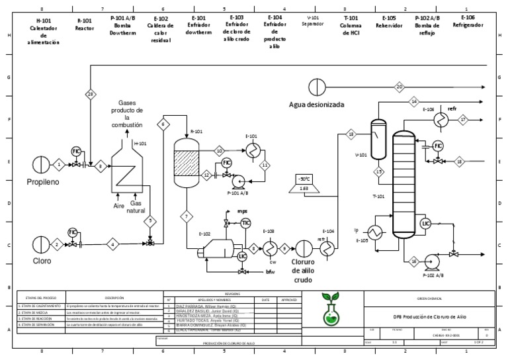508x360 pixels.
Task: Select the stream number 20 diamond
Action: (399, 87)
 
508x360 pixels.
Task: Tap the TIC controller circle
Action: (245, 223)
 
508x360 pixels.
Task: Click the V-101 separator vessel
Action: (378, 140)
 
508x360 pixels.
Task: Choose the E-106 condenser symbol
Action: (440, 118)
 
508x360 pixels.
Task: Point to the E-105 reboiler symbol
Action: (378, 232)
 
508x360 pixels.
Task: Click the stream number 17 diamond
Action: (463, 119)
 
